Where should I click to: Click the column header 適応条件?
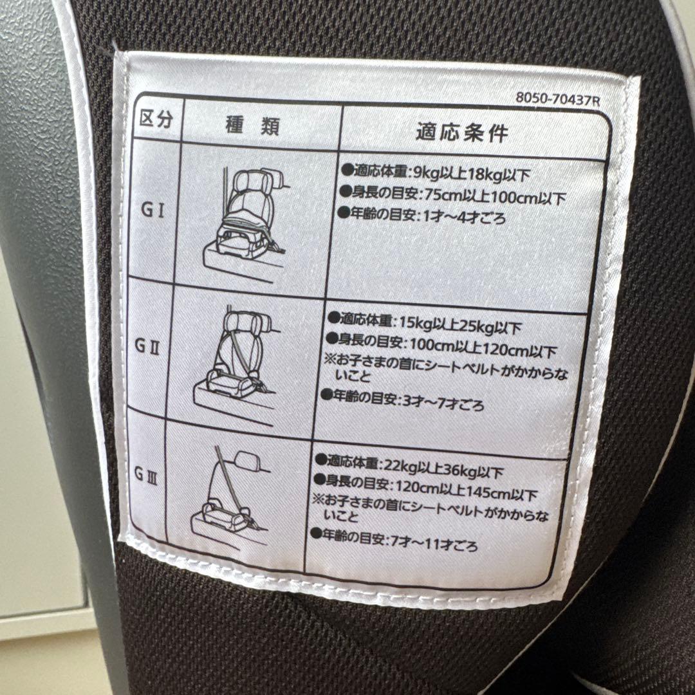[461, 133]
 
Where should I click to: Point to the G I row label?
[153, 210]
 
